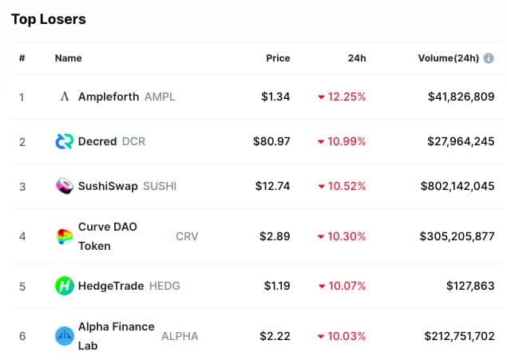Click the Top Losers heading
click(49, 19)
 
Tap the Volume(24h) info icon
click(489, 58)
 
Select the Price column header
click(278, 58)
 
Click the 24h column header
click(357, 58)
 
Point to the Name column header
click(68, 58)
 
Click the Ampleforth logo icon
click(65, 97)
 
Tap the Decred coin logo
click(65, 141)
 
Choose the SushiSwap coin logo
click(65, 186)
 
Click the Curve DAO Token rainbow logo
click(65, 236)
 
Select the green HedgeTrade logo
click(65, 286)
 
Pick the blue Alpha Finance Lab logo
click(65, 336)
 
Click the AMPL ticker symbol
click(160, 97)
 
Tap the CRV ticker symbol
click(187, 236)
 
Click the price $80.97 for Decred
click(271, 141)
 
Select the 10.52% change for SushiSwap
click(347, 186)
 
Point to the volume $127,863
click(470, 286)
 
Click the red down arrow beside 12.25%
click(321, 97)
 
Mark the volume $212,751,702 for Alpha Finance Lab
click(459, 336)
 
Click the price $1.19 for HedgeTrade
click(277, 286)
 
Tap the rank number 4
click(22, 236)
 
